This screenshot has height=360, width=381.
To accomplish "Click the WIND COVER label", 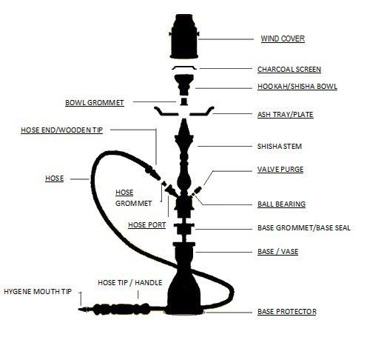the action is coord(283,39).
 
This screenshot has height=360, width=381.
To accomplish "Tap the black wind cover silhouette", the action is coord(184,36).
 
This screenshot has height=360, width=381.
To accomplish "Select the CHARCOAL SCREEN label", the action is coord(289,69).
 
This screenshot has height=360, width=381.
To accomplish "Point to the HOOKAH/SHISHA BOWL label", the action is coord(297,86).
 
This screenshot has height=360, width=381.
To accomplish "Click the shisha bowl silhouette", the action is coord(184,85).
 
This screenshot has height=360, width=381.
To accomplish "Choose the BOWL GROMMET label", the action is coord(95,102).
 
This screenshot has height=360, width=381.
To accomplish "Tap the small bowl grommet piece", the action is coord(184,101).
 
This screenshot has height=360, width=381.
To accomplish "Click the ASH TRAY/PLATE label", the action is coord(286,114).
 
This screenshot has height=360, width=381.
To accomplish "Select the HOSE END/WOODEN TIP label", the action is coord(61,130).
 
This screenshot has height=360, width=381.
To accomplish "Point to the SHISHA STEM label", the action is coord(280,146).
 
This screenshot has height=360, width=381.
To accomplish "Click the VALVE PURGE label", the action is coord(280,170).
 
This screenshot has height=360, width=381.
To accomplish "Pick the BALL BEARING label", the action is coord(281,204).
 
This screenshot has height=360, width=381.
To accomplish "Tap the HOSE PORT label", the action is coord(147,225).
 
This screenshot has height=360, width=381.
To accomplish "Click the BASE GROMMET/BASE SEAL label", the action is coord(304,227).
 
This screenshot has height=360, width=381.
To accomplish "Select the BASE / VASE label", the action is coord(277,252).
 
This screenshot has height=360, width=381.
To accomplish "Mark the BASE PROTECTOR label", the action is coord(287,312).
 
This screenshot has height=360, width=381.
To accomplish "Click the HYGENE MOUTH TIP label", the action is coord(38,292).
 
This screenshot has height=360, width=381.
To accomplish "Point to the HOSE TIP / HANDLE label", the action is coord(130,282).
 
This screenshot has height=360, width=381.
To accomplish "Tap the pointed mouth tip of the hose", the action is coord(84,309).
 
